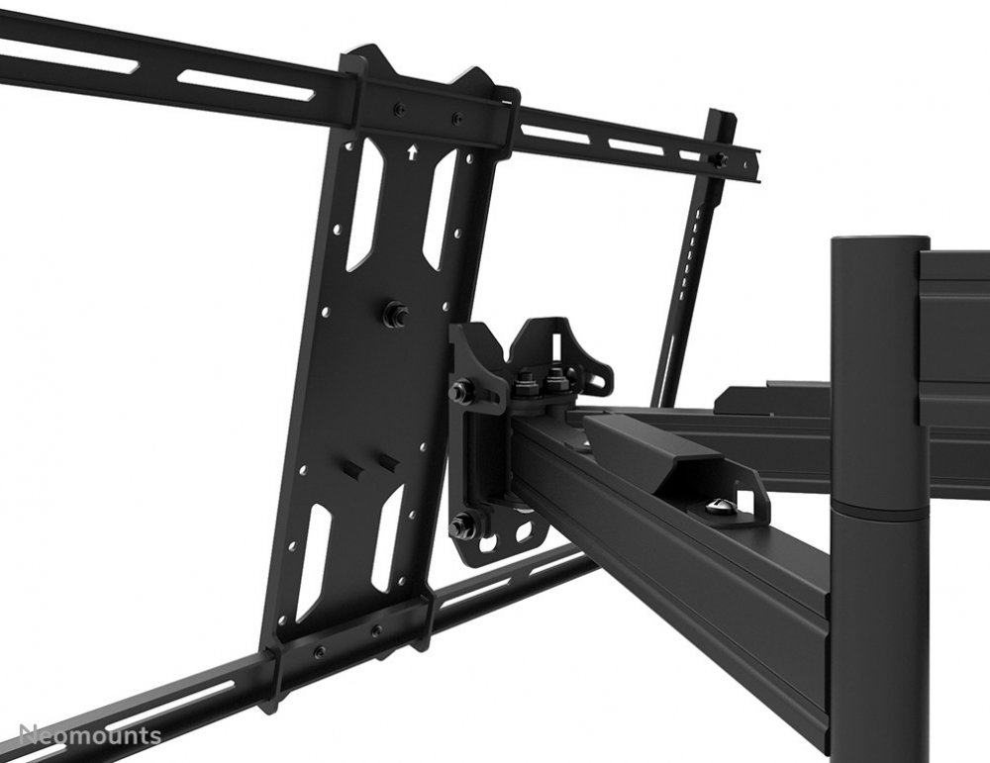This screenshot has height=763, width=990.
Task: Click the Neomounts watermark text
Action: tap(90, 735)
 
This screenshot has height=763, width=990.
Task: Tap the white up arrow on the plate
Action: tap(412, 151)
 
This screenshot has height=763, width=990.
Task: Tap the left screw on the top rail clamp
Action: tap(398, 109)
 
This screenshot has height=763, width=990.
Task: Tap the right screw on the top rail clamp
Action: tap(456, 118)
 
